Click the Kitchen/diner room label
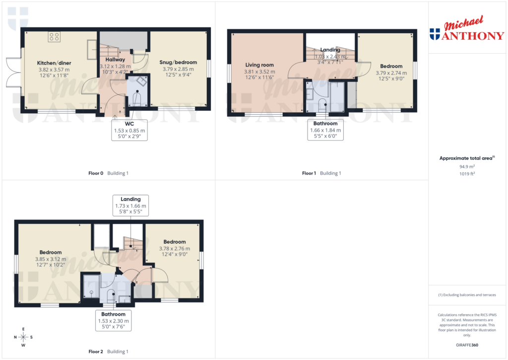tap(54, 63)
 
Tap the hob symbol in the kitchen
tap(54, 37)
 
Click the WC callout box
tap(129, 130)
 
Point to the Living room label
tap(259, 65)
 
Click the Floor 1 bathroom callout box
tap(325, 130)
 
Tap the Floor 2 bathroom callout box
tap(113, 321)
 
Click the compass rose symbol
tap(23, 337)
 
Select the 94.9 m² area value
tap(467, 167)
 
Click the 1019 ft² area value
tap(467, 174)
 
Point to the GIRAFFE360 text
tap(467, 345)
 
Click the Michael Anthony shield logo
tap(435, 34)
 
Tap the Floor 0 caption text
tap(108, 173)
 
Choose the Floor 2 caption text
tap(108, 352)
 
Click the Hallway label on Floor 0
tap(115, 60)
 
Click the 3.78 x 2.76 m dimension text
tap(174, 249)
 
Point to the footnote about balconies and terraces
tap(467, 295)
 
